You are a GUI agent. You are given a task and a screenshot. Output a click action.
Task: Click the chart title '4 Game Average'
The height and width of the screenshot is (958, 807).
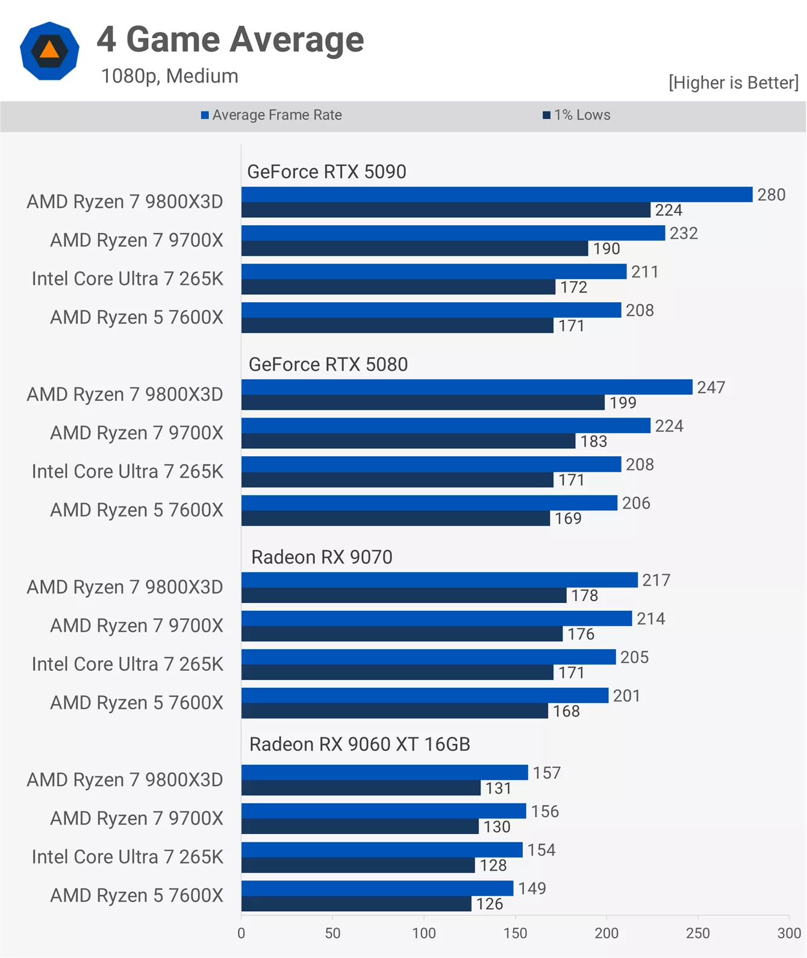click(x=230, y=40)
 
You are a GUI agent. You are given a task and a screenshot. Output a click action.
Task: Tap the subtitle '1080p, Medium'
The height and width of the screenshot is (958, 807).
click(x=169, y=76)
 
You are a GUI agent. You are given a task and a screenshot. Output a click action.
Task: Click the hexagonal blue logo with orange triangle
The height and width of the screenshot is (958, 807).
click(x=49, y=51)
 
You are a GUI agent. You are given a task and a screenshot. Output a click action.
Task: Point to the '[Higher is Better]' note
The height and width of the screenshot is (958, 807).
click(x=733, y=82)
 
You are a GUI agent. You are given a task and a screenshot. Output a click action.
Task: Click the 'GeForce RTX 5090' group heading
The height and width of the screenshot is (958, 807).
click(x=326, y=172)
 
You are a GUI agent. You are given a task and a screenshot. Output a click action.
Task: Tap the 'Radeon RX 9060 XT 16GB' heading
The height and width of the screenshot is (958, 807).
click(x=360, y=744)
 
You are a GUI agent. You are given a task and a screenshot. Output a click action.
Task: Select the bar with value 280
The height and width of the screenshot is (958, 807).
click(x=496, y=194)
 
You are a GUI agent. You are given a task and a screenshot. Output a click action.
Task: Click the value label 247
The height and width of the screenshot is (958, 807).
click(x=711, y=388)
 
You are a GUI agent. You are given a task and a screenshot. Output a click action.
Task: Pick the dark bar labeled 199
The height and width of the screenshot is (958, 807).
click(x=423, y=403)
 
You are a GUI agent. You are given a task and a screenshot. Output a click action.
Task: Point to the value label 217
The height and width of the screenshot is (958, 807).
click(x=656, y=580)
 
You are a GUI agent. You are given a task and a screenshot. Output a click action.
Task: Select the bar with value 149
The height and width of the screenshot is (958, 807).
click(x=377, y=888)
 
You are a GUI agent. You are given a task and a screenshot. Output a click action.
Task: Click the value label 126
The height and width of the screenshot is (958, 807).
click(x=489, y=904)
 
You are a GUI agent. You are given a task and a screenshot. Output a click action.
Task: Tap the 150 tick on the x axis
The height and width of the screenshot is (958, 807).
click(x=515, y=933)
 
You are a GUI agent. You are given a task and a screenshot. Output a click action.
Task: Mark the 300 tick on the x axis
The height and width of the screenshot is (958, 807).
click(x=788, y=933)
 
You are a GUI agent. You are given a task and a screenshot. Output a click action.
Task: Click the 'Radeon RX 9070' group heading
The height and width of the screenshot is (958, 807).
click(x=322, y=557)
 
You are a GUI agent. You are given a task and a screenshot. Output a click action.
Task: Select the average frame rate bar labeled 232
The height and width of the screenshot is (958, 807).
click(x=453, y=233)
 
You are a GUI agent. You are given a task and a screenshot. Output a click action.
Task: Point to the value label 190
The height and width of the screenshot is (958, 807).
click(x=606, y=249)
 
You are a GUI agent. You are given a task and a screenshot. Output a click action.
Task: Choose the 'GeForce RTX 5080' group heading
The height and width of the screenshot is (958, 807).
click(x=328, y=365)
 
